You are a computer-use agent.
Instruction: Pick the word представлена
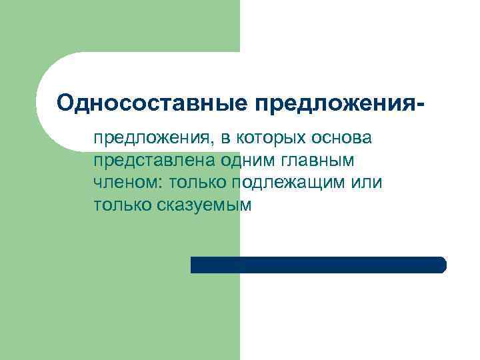pos(150,161)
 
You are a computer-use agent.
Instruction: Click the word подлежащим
pos(289,183)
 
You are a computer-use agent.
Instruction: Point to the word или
pos(367,183)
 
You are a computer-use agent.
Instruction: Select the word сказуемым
pos(205,205)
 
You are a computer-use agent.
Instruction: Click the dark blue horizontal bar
pos(318,265)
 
